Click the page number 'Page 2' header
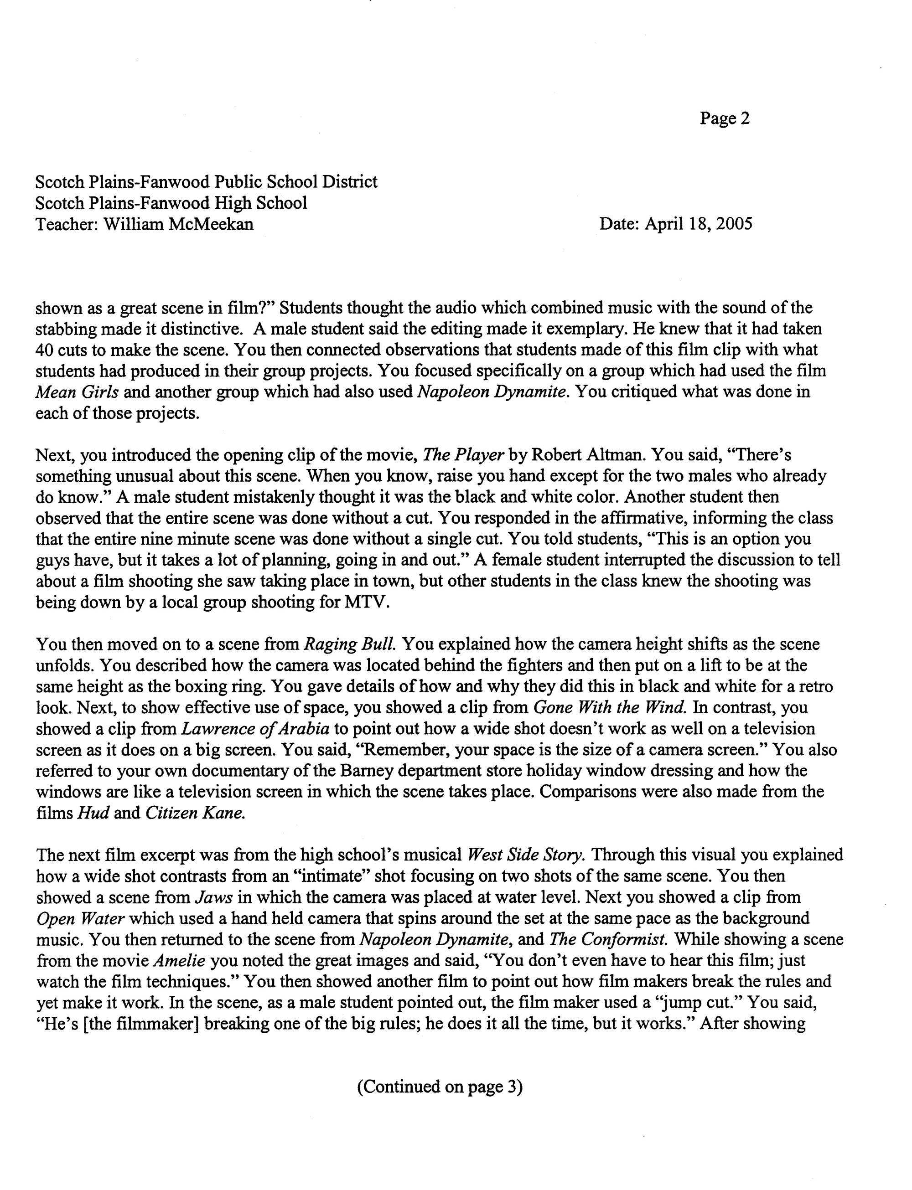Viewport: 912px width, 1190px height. pos(724,118)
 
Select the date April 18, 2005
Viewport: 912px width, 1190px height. pos(698,224)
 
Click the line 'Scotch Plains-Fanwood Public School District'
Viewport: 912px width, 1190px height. pos(206,181)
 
